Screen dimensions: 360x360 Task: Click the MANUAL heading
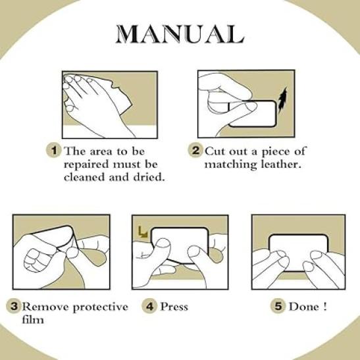(x=180, y=34)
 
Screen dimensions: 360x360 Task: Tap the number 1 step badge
(x=54, y=150)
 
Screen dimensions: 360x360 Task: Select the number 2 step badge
(x=195, y=150)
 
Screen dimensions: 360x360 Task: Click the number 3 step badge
(x=14, y=306)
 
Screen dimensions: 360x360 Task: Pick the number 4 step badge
(x=149, y=306)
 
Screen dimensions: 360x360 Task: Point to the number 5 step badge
(x=278, y=306)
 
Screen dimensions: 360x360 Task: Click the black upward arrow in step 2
(x=282, y=100)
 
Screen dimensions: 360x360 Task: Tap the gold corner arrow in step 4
(x=143, y=232)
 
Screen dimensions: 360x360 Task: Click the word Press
(x=174, y=307)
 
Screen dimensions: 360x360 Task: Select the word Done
(x=304, y=307)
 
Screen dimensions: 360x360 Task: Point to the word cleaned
(x=84, y=177)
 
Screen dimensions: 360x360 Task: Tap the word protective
(x=100, y=307)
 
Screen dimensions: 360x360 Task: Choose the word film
(x=33, y=319)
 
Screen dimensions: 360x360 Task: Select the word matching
(x=230, y=165)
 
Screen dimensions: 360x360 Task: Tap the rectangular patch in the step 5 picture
(x=299, y=253)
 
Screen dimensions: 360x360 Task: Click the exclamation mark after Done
(x=324, y=307)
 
